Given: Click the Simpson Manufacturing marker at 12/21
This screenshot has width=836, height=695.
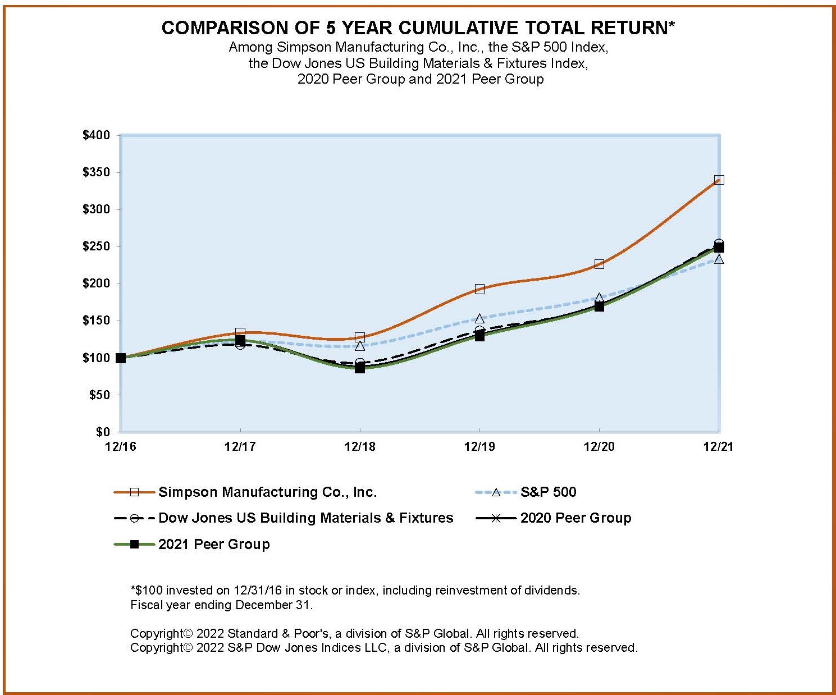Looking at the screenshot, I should point(719,180).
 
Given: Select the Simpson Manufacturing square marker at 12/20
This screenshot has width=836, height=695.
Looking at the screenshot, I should point(599,264).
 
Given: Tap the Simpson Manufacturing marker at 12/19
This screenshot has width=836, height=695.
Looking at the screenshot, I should point(479,289).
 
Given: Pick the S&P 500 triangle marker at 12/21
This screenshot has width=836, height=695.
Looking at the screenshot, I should point(719,260).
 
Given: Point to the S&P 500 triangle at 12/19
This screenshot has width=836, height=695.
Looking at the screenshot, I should point(479,319).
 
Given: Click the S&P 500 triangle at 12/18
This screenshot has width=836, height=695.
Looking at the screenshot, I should point(360,346).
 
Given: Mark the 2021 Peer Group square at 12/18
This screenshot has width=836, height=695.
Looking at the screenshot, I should point(360,368).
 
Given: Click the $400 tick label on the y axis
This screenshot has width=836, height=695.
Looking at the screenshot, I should point(96,135).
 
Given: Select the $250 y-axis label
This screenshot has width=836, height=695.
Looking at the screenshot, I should point(96,246).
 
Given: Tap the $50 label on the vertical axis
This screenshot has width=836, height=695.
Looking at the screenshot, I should point(99,395).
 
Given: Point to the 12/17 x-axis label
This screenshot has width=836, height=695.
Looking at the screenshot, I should point(240,447).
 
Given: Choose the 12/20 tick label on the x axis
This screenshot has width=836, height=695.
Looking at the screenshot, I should point(599,447).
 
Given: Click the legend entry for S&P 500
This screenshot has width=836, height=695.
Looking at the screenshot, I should point(548,492).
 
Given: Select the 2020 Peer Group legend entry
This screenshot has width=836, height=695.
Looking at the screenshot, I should point(575,518).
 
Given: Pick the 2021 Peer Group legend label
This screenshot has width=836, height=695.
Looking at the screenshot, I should point(214,545).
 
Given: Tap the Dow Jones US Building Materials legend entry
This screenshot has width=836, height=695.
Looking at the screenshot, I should point(305,518).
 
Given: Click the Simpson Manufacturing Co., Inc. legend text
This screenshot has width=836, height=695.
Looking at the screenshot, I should point(267,492).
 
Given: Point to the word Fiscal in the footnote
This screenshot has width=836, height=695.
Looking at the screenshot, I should point(145,605).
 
